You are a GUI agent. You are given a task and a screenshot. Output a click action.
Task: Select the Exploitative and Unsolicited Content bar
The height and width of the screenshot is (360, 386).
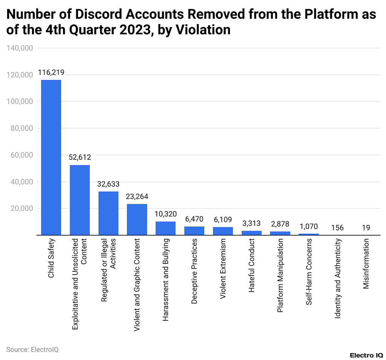[x=80, y=200]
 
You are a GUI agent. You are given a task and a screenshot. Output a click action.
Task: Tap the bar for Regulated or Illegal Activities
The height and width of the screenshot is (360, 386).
[x=108, y=213]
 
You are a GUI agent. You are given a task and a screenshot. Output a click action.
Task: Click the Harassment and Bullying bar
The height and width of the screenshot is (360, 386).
[x=165, y=228]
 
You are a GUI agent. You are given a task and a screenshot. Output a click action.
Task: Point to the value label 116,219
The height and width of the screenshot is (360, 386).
[x=51, y=72]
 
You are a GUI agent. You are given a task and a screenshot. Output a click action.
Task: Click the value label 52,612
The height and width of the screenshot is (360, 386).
[x=80, y=157]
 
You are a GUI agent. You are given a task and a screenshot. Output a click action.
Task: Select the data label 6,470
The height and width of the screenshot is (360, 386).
[x=194, y=219]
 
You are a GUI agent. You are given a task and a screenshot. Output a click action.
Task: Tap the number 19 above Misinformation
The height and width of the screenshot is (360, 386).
[x=366, y=227]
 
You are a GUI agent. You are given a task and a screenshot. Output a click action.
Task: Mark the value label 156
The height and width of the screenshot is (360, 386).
[x=337, y=227]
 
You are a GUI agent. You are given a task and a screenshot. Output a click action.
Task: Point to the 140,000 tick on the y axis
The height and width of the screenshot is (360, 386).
[x=20, y=48]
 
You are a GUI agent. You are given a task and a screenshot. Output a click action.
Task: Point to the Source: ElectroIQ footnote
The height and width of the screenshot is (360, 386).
[x=32, y=349]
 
